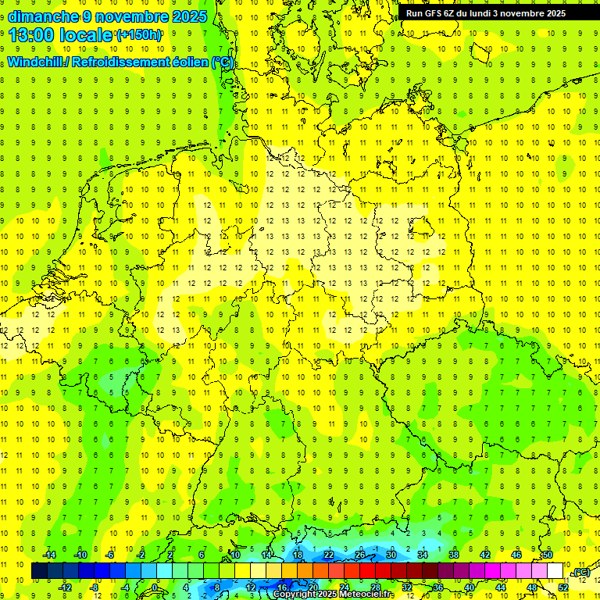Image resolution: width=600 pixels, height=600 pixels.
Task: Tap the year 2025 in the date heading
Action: (x=187, y=16)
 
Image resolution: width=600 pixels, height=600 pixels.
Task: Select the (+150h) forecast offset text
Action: (x=139, y=35)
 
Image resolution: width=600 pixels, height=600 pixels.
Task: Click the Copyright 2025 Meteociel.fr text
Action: (x=334, y=595)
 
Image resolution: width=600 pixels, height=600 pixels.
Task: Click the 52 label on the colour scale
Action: (x=563, y=587)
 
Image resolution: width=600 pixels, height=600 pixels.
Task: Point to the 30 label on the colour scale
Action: (x=391, y=555)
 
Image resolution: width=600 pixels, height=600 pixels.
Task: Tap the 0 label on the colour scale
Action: (x=155, y=587)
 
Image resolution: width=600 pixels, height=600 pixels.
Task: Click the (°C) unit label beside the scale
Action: (x=581, y=573)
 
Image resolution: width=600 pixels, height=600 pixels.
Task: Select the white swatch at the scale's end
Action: (x=555, y=571)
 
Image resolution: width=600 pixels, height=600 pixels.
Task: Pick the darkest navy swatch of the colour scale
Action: (x=39, y=571)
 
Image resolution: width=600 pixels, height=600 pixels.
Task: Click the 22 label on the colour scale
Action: (x=329, y=555)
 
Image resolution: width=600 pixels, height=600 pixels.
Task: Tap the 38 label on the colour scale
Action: (x=454, y=555)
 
